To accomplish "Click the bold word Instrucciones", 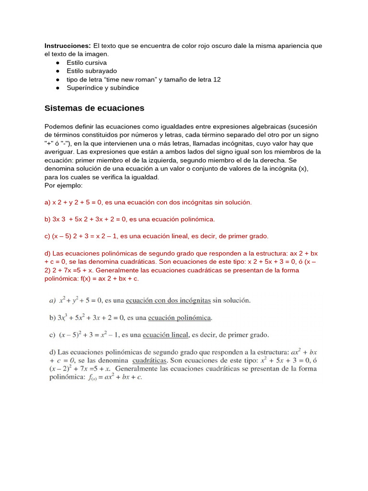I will click(x=68, y=46).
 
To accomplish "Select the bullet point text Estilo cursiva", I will click(x=87, y=63).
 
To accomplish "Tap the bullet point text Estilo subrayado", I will click(x=92, y=71).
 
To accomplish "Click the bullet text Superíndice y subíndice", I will click(x=103, y=88).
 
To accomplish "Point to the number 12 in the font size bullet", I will click(x=217, y=80).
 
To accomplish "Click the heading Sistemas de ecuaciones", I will click(x=94, y=108).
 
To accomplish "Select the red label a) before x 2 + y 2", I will click(x=47, y=202).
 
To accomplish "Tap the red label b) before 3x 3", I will click(x=47, y=219).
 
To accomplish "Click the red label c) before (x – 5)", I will click(x=47, y=236).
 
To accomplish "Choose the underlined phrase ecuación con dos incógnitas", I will click(x=168, y=301).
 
